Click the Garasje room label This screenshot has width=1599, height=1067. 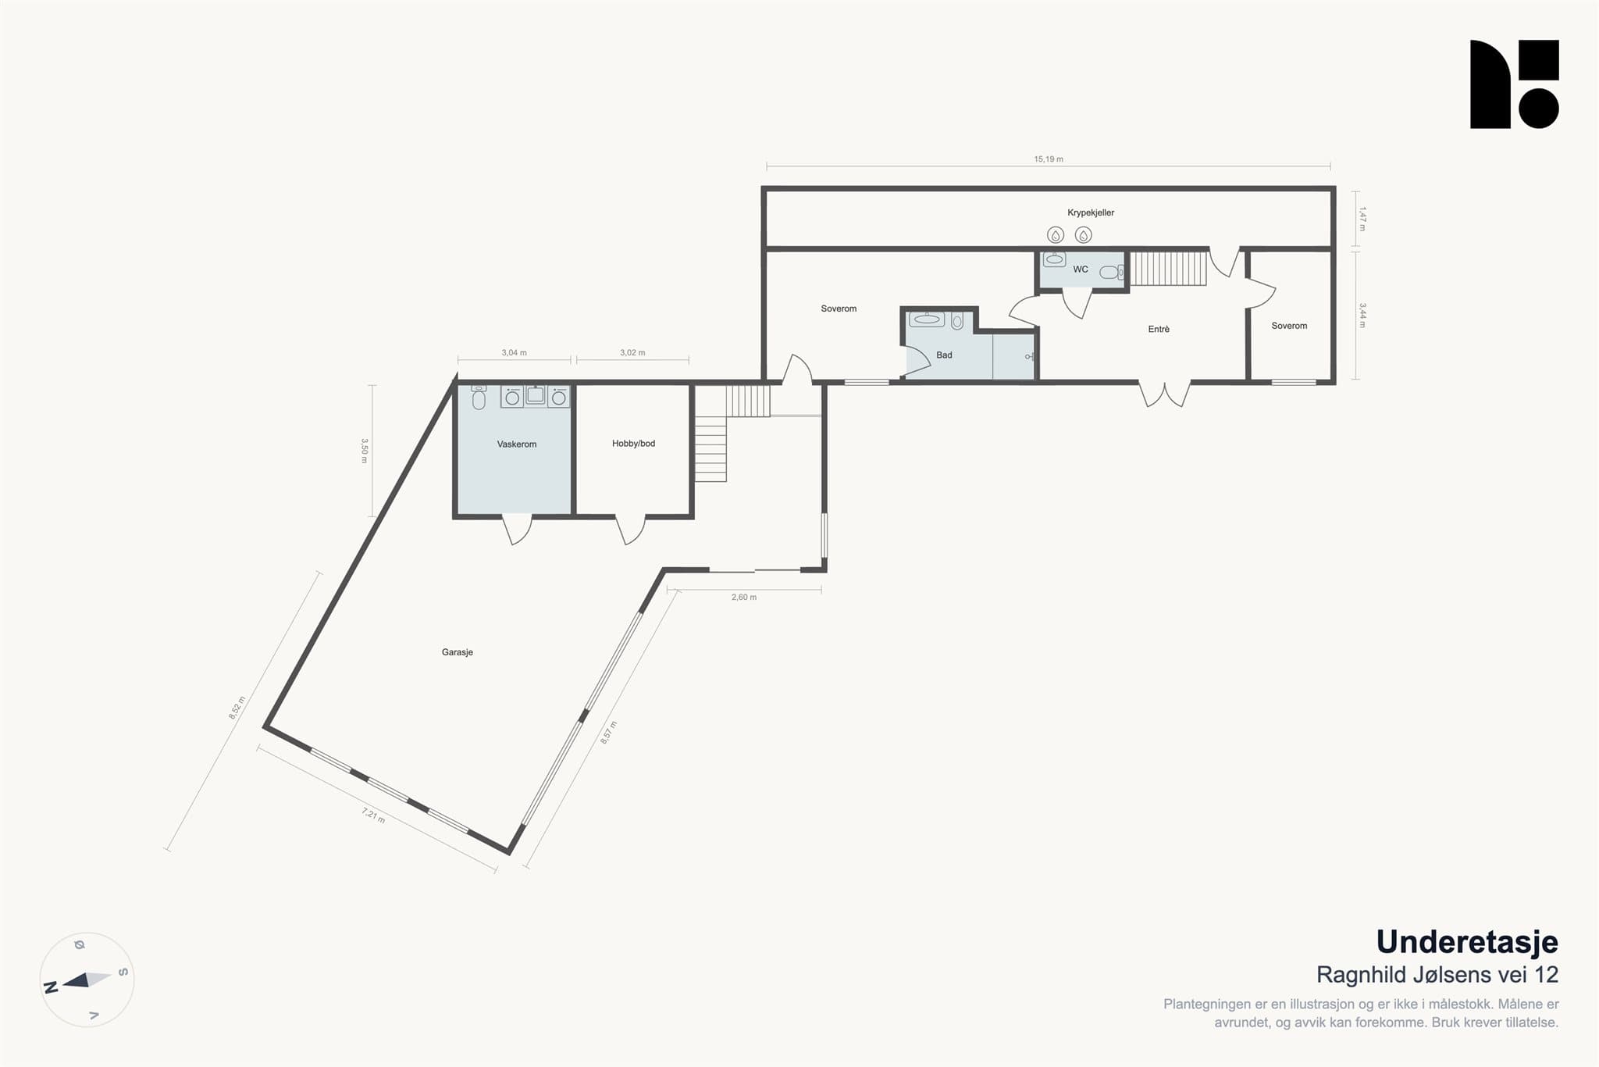pos(458,652)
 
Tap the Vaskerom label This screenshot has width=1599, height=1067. pos(517,444)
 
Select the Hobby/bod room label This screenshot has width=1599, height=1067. pos(633,444)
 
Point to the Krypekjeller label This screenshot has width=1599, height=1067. pos(1091,212)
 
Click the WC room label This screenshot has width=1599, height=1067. pos(1081,269)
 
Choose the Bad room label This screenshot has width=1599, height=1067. pos(944,355)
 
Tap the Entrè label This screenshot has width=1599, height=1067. pos(1159,330)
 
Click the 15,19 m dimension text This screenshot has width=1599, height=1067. pos(1049,159)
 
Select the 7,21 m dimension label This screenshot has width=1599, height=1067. pos(373,816)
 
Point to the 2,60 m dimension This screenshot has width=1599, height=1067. pos(744,598)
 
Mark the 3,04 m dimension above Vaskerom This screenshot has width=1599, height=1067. pos(514,353)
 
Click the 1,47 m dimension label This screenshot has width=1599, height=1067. pos(1362,219)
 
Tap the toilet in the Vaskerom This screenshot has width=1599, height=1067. pos(479,398)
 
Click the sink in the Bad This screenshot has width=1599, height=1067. pos(927,319)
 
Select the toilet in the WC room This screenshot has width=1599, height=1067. pos(1111,273)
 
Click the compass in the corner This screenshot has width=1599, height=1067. pos(87,980)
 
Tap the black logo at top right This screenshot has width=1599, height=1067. pos(1515,84)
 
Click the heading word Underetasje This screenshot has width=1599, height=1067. pos(1467,942)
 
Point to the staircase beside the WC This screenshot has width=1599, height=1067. pos(1169,268)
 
